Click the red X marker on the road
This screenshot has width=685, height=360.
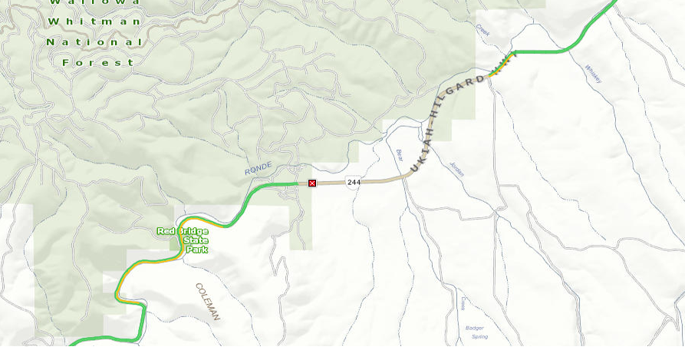[x=312, y=183]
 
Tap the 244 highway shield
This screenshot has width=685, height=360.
[x=353, y=182]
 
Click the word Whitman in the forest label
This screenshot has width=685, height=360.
[x=95, y=21]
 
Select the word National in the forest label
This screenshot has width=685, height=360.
[x=94, y=41]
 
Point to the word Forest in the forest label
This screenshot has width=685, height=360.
[x=99, y=62]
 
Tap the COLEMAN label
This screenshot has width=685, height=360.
[x=208, y=302]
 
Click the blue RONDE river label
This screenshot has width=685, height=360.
[x=258, y=169]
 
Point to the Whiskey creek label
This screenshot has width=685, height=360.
[x=593, y=74]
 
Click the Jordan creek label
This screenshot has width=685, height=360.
[x=457, y=168]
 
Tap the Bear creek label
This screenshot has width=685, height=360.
[x=399, y=155]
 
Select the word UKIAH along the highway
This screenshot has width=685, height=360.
[x=421, y=147]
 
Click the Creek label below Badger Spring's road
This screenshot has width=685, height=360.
[x=463, y=303]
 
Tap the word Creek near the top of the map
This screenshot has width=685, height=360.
[x=482, y=30]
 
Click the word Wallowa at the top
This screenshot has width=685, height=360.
[x=95, y=2]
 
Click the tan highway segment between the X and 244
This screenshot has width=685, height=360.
[x=331, y=183]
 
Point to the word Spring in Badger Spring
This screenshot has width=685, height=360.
[x=479, y=337]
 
